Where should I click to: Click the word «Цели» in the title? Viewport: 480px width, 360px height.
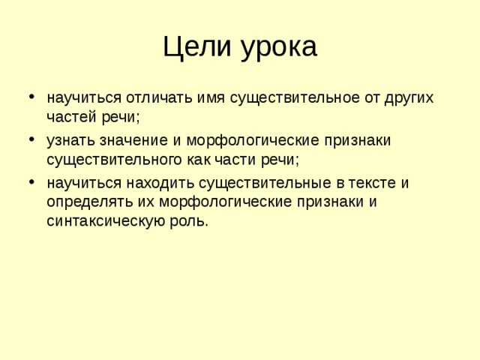click(196, 46)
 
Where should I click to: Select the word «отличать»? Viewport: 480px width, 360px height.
click(159, 97)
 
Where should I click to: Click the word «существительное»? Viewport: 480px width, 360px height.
click(295, 98)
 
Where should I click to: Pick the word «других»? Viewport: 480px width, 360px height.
click(409, 99)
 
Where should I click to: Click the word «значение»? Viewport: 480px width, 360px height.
click(133, 141)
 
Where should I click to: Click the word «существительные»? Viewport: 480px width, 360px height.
click(265, 183)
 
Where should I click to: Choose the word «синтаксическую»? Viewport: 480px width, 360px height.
click(106, 221)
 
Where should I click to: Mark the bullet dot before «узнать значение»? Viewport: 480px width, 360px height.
click(31, 139)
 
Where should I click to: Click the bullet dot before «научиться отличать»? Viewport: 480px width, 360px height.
click(31, 97)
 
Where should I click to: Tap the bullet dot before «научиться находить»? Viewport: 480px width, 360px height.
click(31, 181)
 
